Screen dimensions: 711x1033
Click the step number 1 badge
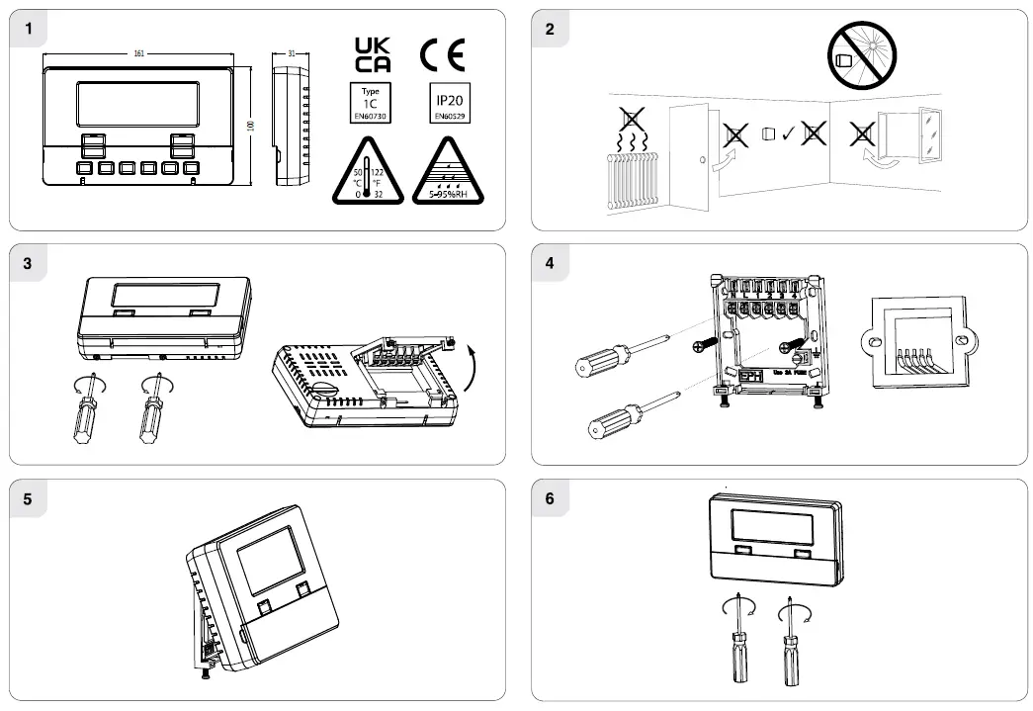(30, 29)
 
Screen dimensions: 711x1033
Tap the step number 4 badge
(551, 263)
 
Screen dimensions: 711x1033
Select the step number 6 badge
(551, 498)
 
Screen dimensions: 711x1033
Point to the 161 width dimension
(140, 52)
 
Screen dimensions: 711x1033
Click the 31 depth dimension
(292, 52)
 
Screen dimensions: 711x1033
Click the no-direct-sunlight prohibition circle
(860, 57)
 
